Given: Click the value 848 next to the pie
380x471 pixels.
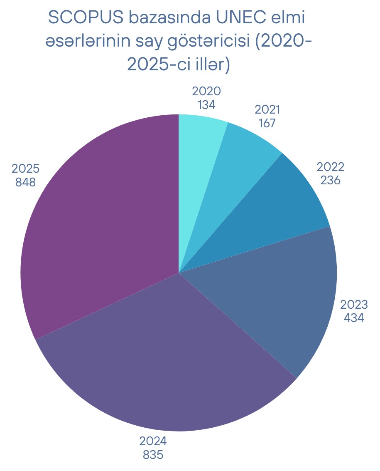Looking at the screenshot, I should click(x=25, y=182).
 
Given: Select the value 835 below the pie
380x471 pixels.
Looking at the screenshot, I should click(x=153, y=455).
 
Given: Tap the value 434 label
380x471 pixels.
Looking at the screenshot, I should click(x=354, y=318).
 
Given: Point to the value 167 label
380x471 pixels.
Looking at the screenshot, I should click(x=267, y=123).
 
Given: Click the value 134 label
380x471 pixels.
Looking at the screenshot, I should click(x=206, y=105).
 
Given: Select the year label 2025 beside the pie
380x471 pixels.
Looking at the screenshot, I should click(x=25, y=169).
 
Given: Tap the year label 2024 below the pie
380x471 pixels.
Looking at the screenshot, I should click(x=153, y=441).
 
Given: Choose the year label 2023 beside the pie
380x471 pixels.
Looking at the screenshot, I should click(x=354, y=305).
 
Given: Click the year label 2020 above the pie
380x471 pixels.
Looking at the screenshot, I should click(x=206, y=92).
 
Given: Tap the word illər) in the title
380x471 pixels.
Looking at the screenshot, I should click(x=210, y=65).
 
